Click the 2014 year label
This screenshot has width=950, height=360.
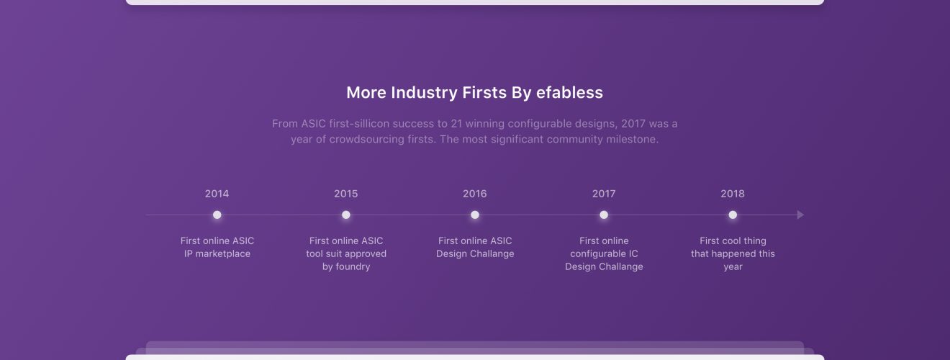tap(217, 194)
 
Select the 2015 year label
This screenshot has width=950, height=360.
tap(345, 194)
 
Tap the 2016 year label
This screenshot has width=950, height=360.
tap(474, 194)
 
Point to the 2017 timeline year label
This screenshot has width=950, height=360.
tap(604, 194)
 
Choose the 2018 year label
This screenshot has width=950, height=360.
tap(733, 194)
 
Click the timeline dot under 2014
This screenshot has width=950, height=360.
tap(217, 215)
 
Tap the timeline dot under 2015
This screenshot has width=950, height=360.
tap(346, 215)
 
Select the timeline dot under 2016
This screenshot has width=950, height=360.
tap(475, 215)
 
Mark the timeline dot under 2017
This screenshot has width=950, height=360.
tap(604, 215)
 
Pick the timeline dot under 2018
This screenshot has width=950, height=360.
tap(733, 215)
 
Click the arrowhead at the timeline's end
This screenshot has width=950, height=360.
tap(801, 215)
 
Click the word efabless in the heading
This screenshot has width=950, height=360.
tap(569, 93)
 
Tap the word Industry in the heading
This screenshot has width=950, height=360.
tap(424, 93)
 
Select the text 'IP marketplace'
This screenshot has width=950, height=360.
tap(217, 254)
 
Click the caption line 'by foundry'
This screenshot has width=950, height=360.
tap(346, 266)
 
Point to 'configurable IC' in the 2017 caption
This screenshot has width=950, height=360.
tap(604, 254)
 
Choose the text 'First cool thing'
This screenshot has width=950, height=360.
tap(733, 240)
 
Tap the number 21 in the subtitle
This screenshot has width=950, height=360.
tap(456, 124)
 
